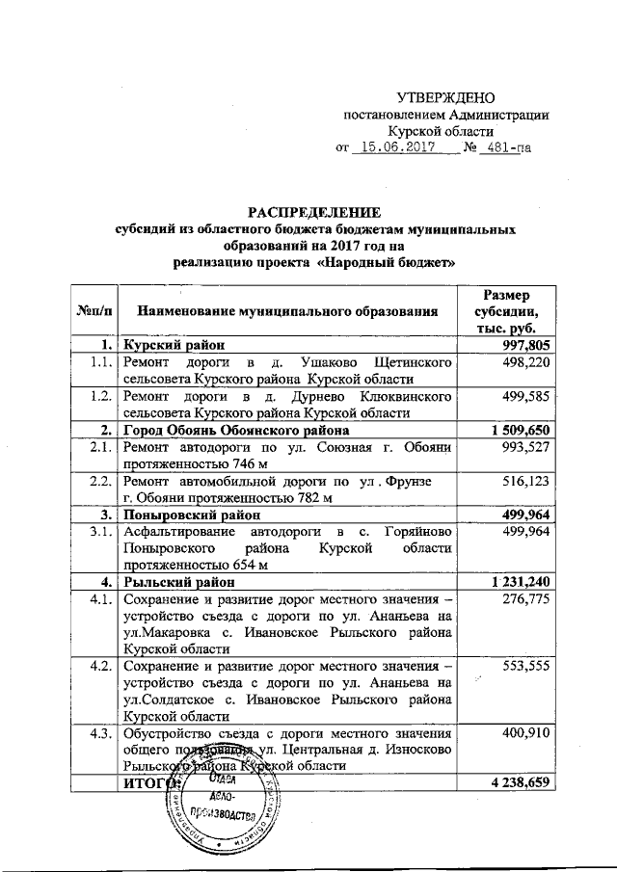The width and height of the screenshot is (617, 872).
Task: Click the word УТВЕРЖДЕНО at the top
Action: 446,97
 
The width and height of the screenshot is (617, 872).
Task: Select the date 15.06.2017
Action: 392,148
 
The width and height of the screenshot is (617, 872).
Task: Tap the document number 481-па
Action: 508,148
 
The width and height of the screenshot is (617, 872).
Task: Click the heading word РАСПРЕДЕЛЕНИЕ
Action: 316,212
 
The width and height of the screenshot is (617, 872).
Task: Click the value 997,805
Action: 524,344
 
